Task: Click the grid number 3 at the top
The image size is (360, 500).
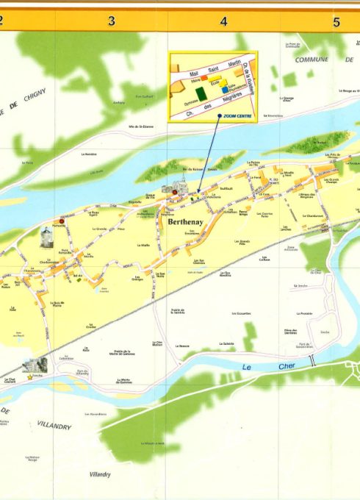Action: tap(112, 21)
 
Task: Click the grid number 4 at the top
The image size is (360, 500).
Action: tap(223, 21)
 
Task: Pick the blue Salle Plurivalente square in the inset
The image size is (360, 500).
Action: tap(224, 90)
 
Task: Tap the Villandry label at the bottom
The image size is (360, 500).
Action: tap(100, 474)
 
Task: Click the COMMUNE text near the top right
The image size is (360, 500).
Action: tap(312, 60)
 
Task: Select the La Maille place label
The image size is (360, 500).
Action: tap(145, 246)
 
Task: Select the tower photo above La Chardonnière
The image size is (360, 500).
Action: tap(46, 237)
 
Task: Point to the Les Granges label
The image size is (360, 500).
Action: tap(137, 279)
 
